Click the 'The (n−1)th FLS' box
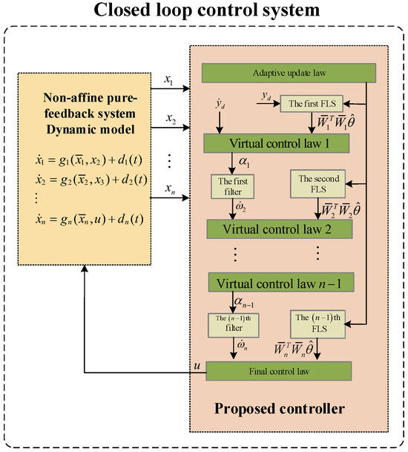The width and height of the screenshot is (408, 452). tap(317, 325)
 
